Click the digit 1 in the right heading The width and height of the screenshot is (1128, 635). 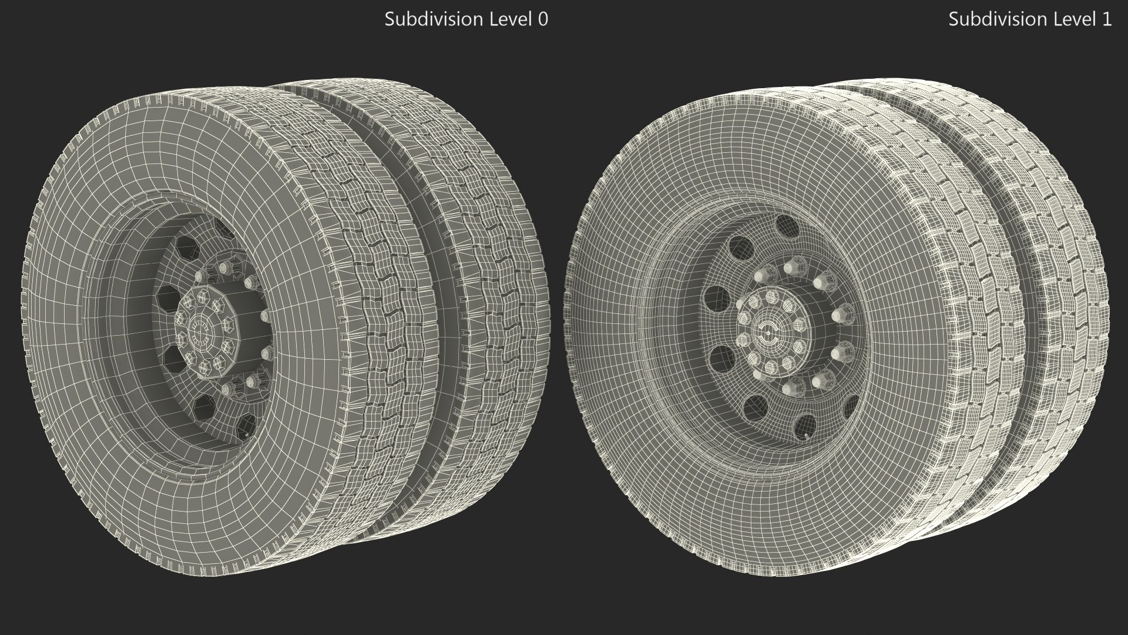tap(1106, 19)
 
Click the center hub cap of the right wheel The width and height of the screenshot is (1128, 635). tap(767, 333)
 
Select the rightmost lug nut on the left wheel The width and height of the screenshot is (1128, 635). tap(266, 318)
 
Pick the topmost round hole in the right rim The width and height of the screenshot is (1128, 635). tap(784, 225)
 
